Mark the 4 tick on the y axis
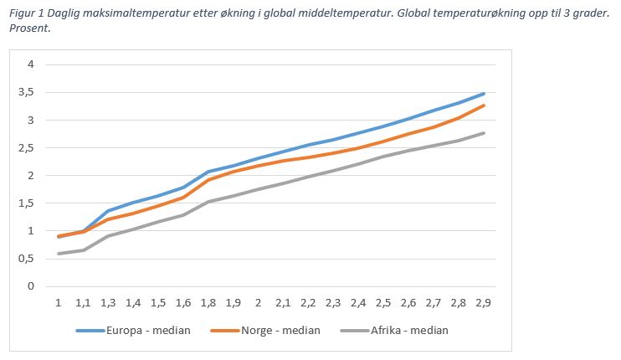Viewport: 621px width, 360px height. (x=31, y=64)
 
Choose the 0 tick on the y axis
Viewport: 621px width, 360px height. (x=31, y=286)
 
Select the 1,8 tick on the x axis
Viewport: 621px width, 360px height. (x=208, y=303)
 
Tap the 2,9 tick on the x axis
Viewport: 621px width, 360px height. (x=484, y=303)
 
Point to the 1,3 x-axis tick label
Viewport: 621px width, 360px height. (x=109, y=303)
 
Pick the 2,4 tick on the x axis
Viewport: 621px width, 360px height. (x=359, y=303)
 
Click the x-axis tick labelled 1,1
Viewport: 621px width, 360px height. (x=84, y=303)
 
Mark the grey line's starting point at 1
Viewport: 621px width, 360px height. (x=59, y=254)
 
